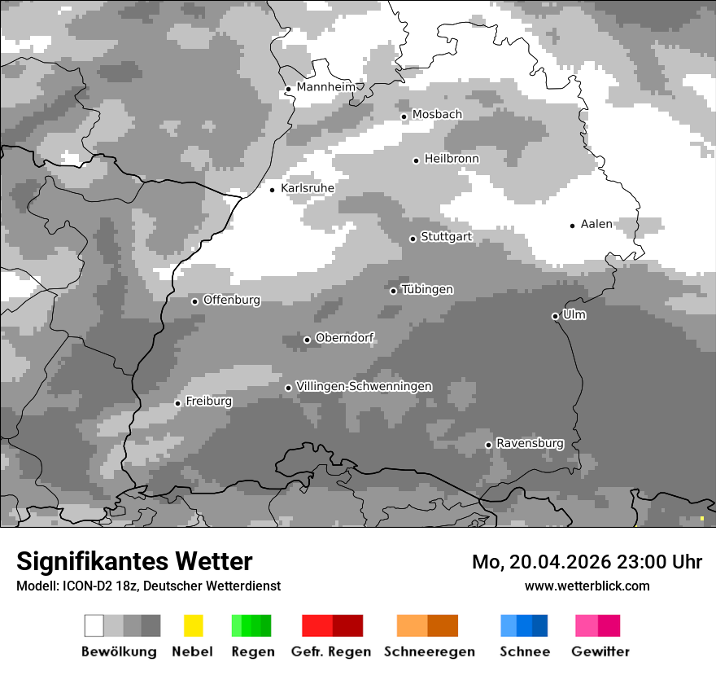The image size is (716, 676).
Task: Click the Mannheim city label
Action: [x=326, y=87]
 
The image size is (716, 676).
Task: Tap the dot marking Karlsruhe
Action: [x=273, y=190]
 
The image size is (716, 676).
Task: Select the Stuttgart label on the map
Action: [x=447, y=237]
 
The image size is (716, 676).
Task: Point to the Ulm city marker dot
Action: [x=555, y=316]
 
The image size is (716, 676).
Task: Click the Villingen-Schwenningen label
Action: [x=364, y=386]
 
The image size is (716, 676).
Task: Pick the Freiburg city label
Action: [x=208, y=402]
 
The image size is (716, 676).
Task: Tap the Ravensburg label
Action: [x=530, y=443]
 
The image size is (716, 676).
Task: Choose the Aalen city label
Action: [x=596, y=224]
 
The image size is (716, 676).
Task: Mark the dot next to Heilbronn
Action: [x=416, y=160]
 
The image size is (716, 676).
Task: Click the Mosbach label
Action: [x=437, y=115]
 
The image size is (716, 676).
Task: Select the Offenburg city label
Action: [x=232, y=300]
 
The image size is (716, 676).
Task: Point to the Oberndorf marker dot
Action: [x=307, y=340]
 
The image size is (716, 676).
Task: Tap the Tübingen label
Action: [x=427, y=289]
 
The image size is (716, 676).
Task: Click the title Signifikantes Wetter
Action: [x=134, y=562]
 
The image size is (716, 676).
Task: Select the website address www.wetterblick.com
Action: [x=587, y=586]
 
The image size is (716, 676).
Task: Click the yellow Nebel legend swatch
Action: [x=193, y=626]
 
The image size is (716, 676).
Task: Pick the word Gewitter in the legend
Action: [x=600, y=652]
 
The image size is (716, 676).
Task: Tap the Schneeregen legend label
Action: [x=430, y=652]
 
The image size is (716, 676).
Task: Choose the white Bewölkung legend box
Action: [x=94, y=626]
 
